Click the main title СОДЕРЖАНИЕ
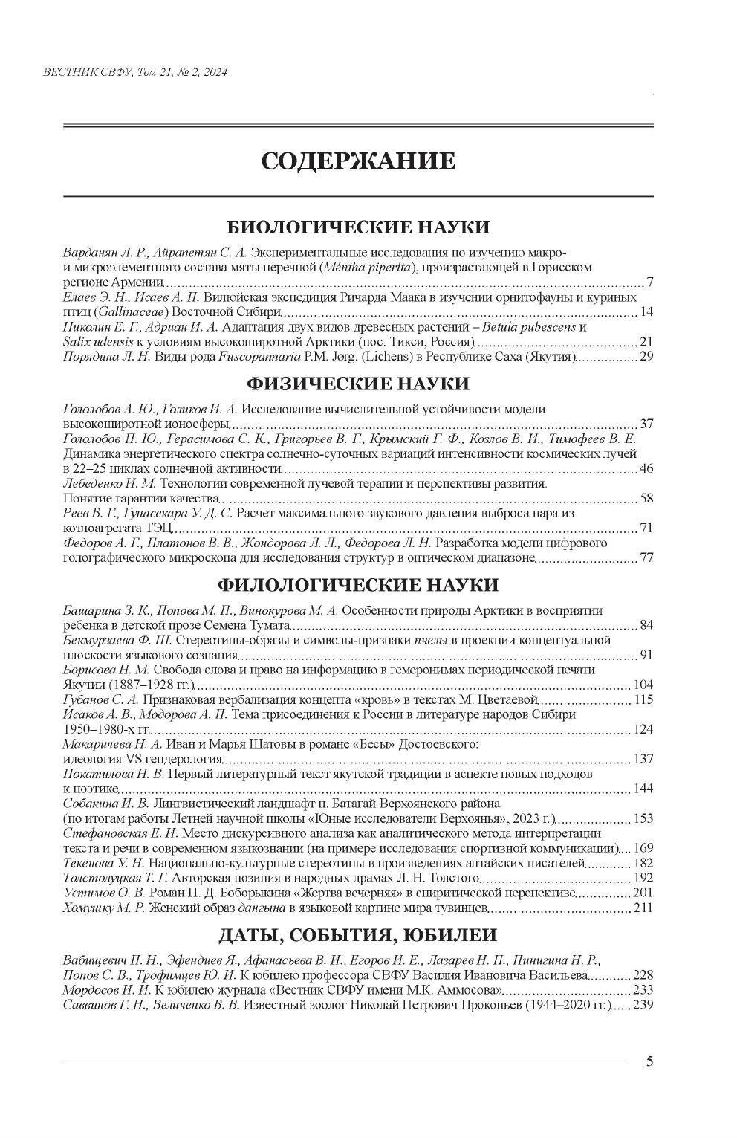coord(357,161)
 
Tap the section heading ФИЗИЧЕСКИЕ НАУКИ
coord(357,384)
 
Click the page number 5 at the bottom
coord(649,1061)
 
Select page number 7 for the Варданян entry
coord(649,282)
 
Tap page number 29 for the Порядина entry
coord(646,358)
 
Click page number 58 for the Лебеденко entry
coord(646,497)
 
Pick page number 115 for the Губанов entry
coord(643,699)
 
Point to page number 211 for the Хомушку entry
coord(643,908)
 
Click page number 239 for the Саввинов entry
coord(643,1005)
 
